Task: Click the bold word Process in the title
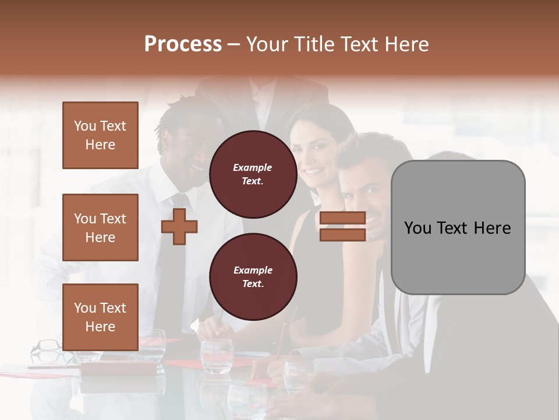point(183,44)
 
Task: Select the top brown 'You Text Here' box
point(100,135)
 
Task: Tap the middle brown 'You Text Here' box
point(100,228)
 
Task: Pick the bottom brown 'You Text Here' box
point(100,317)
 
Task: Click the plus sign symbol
point(179,227)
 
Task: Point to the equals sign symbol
point(342,226)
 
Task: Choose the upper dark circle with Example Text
point(253,174)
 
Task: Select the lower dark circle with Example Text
point(253,276)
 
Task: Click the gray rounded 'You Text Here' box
point(458,228)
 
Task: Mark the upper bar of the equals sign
point(342,218)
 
